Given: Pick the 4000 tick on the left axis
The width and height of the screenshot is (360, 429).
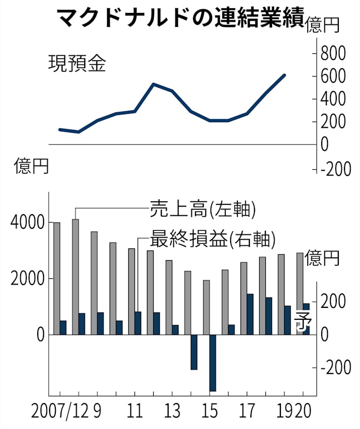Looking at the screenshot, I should coord(26,223).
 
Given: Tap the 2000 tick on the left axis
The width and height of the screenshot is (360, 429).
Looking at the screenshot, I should coord(26,279).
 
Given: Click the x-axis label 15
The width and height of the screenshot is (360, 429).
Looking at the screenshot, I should coord(209,412).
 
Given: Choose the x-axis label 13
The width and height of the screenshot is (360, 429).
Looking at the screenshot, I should coord(172,412).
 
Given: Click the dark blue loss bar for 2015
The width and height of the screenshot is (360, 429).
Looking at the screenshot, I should coord(213,363).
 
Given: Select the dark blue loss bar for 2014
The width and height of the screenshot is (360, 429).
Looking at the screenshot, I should coord(194,352).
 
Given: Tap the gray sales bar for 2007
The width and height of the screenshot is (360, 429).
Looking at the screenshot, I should coord(56,278).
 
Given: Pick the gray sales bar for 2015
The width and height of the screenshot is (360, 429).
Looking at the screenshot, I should coord(206,307).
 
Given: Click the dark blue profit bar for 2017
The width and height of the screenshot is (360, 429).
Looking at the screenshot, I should coord(250,314).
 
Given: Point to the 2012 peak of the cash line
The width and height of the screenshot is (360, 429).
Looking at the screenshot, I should coord(154,84).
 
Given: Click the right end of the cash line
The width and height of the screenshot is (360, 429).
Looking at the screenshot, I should coord(284,75).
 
